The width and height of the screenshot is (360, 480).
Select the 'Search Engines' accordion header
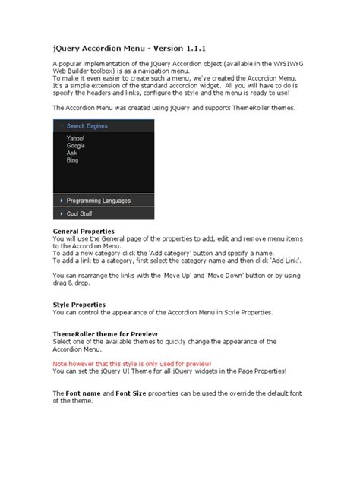pyautogui.click(x=87, y=126)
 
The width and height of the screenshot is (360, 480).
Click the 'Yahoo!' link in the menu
pyautogui.click(x=76, y=138)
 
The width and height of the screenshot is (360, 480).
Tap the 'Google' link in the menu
pyautogui.click(x=76, y=146)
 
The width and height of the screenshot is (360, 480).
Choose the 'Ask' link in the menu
pyautogui.click(x=72, y=153)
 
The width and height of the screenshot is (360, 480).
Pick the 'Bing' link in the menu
pyautogui.click(x=73, y=161)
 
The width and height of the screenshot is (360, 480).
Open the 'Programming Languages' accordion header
pyautogui.click(x=99, y=201)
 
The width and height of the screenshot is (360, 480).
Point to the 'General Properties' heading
pyautogui.click(x=84, y=230)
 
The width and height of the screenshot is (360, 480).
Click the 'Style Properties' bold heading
pyautogui.click(x=79, y=305)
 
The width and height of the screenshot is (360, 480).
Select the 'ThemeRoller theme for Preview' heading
pyautogui.click(x=105, y=333)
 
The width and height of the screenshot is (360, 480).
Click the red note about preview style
pyautogui.click(x=132, y=363)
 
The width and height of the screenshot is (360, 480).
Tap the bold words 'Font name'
pyautogui.click(x=84, y=393)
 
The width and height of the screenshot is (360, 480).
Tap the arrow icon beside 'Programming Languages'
pyautogui.click(x=61, y=201)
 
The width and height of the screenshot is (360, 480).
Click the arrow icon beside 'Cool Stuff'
pyautogui.click(x=61, y=214)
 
